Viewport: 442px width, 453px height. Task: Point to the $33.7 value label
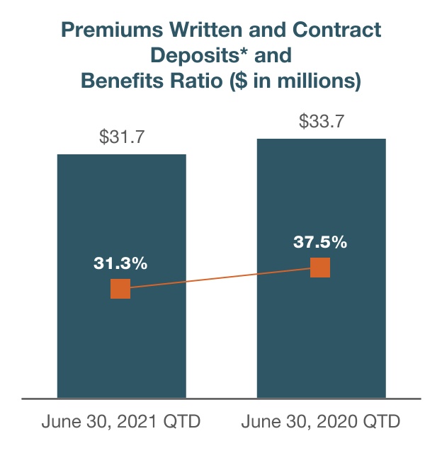pos(322,122)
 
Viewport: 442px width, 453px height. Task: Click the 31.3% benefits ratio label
pos(120,264)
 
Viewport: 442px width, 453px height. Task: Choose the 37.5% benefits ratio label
pos(320,242)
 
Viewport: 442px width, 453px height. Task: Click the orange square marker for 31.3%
pos(120,289)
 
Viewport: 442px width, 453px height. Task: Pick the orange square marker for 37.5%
pos(320,268)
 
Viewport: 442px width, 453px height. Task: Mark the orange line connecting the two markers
pos(220,278)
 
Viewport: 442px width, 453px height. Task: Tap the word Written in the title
pos(191,30)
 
